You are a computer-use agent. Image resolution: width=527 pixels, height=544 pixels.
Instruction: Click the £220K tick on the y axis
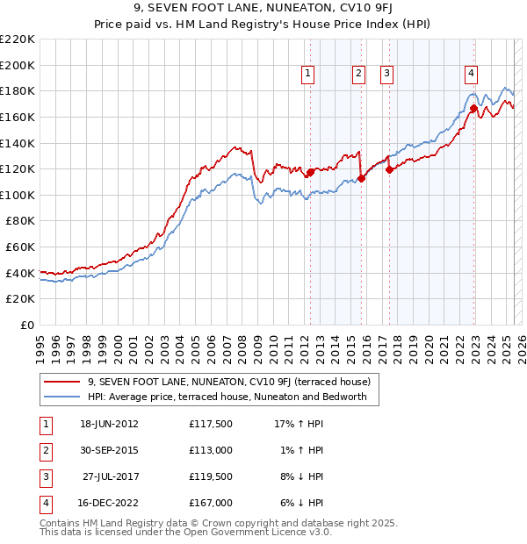coord(18,39)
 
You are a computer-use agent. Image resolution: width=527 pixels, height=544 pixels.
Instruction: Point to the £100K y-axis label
coord(18,195)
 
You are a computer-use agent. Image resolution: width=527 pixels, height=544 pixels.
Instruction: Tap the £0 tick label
coord(27,325)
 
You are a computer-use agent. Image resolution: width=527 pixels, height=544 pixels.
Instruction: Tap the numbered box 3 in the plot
coord(386,75)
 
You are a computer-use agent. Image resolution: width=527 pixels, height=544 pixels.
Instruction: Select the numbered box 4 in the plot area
coord(472,75)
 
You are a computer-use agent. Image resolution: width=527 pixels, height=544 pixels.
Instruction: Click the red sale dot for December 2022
coord(473,109)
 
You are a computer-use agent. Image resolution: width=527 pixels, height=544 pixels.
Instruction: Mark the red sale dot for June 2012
coord(310,173)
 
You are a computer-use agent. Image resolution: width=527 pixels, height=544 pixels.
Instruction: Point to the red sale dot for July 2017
coord(389,170)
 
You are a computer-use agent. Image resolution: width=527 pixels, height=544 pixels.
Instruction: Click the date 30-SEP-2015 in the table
coord(109,450)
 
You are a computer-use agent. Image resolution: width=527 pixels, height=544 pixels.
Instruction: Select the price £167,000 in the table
coord(211,503)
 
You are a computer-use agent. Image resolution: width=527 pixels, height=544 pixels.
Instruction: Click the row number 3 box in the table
coord(45,476)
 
